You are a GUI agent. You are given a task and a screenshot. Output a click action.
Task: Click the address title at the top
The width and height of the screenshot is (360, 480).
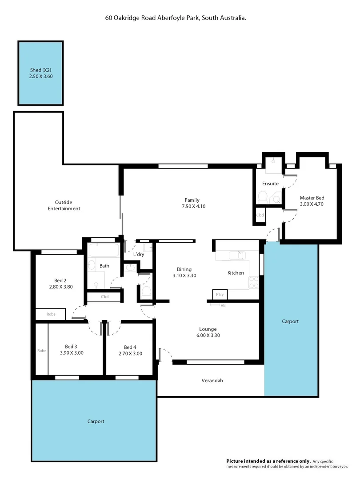point(176,18)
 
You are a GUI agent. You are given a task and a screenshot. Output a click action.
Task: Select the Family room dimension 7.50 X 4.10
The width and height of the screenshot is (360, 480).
point(192,206)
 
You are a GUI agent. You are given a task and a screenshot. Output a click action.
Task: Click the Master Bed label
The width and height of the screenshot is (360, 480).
point(312,198)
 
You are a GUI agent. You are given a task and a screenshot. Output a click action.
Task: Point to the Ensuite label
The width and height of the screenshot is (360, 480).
point(270,184)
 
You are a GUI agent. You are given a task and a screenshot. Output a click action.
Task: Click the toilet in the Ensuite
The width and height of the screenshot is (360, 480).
point(262,196)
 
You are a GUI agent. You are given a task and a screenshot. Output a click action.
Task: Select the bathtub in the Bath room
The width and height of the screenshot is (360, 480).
point(104,250)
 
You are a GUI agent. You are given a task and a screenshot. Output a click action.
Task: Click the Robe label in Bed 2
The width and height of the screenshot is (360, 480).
point(51,314)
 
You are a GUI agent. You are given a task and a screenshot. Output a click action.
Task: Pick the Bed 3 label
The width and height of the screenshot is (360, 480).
point(71,347)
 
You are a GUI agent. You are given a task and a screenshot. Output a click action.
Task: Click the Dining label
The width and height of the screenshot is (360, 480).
point(184,269)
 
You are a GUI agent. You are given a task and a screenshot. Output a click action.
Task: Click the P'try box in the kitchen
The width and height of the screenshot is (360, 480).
point(220,295)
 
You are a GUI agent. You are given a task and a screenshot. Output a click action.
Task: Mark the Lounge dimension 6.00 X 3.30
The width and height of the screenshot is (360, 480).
point(208,335)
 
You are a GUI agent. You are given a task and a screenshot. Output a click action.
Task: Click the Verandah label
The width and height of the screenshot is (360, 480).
point(212,381)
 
